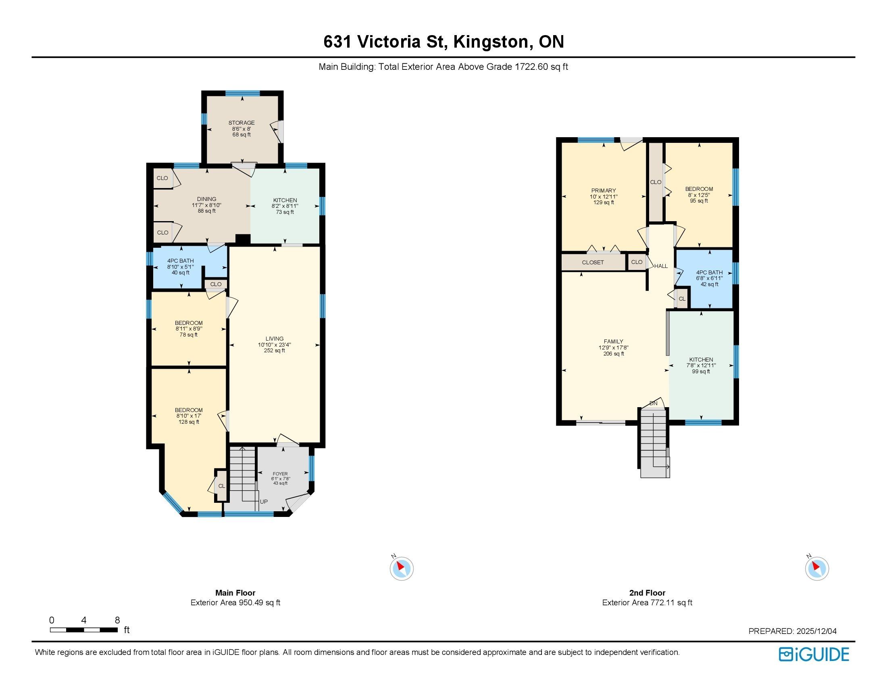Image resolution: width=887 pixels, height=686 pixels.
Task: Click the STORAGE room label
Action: [242, 123]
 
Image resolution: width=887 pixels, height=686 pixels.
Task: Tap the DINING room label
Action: [207, 199]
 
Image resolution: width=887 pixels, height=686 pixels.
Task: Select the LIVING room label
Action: [275, 339]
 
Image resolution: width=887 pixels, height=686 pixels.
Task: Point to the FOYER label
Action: [280, 474]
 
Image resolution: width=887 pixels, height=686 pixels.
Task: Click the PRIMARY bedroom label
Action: [604, 190]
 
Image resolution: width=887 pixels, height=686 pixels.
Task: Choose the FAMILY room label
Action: [613, 342]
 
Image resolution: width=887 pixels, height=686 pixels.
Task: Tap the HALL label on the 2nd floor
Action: [661, 266]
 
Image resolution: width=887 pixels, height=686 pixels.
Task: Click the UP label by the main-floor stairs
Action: [264, 502]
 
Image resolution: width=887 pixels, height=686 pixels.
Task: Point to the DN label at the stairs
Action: [654, 404]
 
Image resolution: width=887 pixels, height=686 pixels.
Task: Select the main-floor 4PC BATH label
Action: [181, 261]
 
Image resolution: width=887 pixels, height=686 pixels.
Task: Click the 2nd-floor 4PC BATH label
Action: [710, 273]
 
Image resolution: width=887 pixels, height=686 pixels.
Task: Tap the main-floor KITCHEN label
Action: [285, 201]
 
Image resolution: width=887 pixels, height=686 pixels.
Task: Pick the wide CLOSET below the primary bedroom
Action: [593, 263]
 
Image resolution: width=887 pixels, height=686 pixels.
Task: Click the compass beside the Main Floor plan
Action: [402, 568]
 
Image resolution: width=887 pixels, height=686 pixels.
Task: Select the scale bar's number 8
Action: [117, 620]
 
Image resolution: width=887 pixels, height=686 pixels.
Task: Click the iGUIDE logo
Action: [814, 654]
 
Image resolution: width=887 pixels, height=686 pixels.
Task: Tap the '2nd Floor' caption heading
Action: [648, 593]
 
